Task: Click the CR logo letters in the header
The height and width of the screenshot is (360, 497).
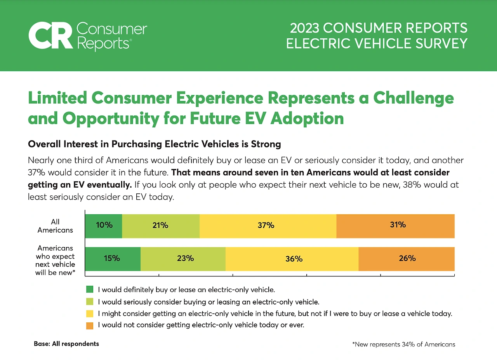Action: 50,36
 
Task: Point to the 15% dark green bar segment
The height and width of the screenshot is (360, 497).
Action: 113,259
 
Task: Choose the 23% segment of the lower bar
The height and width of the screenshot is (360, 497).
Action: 183,259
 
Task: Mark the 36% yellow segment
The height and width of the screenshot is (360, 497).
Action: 292,259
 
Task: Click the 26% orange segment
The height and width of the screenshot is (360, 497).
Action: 407,259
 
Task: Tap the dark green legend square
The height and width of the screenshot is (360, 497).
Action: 90,289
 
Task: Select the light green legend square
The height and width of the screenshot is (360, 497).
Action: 90,301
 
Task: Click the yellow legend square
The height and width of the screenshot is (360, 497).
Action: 90,313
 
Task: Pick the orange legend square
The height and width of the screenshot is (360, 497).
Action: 90,325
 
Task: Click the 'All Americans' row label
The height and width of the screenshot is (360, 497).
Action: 55,226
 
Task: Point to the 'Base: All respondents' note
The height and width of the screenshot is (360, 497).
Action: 66,344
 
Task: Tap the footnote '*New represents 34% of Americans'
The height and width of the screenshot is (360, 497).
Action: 403,344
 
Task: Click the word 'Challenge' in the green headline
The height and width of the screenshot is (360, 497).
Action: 413,98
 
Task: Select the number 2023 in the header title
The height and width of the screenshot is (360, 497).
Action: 304,28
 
